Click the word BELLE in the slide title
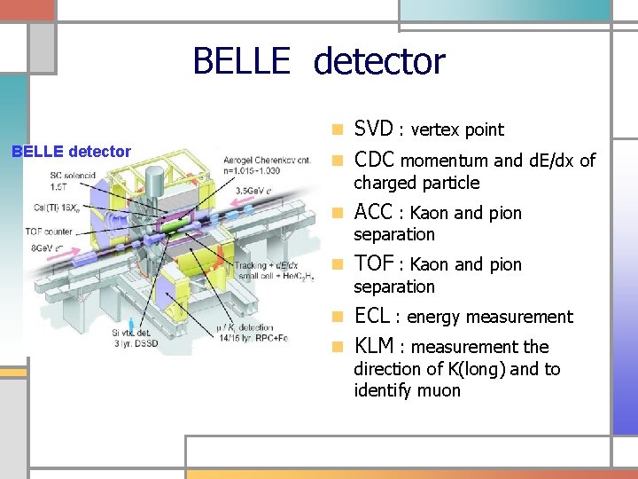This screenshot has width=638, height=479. click(x=240, y=61)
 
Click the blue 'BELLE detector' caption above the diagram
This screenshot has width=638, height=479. click(x=71, y=152)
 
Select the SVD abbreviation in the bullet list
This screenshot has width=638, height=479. click(x=373, y=129)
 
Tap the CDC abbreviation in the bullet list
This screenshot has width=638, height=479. click(x=375, y=160)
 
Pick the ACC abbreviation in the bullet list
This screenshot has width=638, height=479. click(x=373, y=212)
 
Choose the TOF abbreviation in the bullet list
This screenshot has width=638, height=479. click(x=373, y=263)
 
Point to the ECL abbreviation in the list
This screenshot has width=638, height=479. click(x=372, y=316)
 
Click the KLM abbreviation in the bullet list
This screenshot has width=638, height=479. click(x=374, y=346)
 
